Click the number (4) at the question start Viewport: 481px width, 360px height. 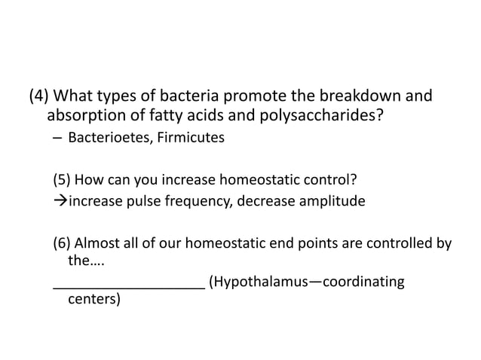tap(40, 97)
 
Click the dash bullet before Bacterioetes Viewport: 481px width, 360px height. tap(57, 139)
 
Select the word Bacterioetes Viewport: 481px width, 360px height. tap(106, 139)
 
